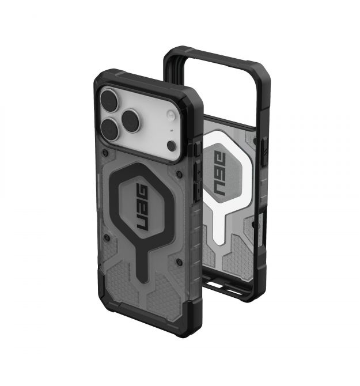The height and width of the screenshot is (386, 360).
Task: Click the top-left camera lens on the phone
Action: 109,100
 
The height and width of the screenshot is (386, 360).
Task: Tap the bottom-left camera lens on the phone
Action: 111,130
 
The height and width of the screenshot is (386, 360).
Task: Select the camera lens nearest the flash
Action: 131,121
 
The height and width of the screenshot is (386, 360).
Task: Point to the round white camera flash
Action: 171,115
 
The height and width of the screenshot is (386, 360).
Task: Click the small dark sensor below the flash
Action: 172,146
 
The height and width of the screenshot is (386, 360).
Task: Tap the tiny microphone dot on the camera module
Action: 172,130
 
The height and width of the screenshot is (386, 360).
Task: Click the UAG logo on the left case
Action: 142,208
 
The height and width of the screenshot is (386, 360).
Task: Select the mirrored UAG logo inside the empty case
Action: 219,173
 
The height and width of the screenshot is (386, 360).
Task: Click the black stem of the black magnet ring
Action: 142,263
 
